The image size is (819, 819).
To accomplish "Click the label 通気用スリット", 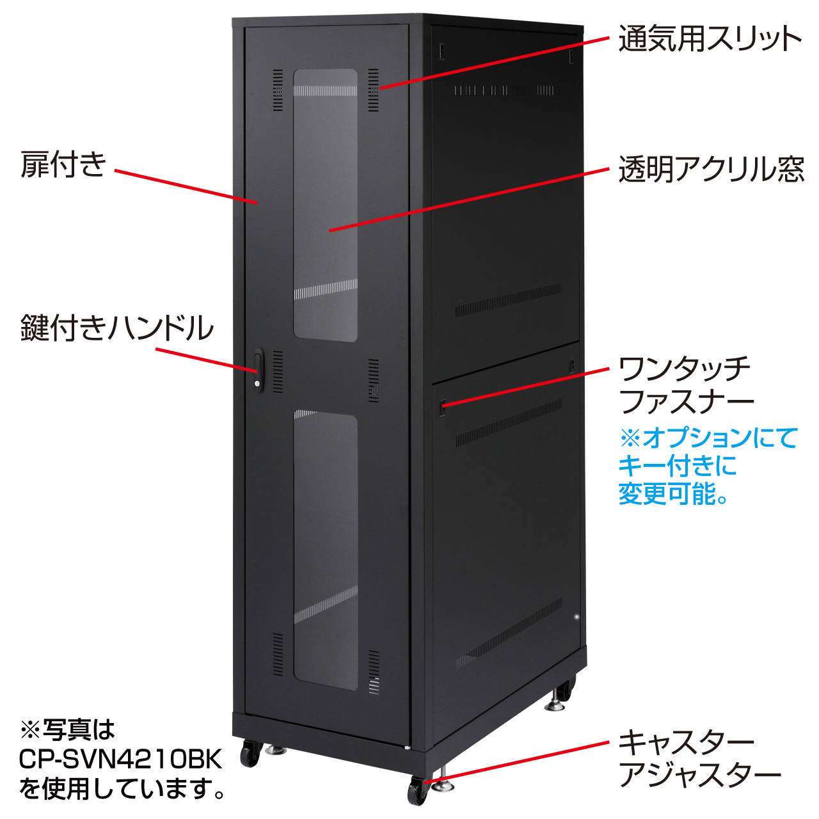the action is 710,38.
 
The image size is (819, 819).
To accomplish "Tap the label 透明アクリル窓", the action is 711,169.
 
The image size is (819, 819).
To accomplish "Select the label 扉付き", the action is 63,164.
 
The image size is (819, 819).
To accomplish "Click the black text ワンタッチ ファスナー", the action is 686,385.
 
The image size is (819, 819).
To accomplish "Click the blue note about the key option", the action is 708,466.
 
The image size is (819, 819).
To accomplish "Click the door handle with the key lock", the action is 258,370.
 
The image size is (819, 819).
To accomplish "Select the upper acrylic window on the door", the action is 326,205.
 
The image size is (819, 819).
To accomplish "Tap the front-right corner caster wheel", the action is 417,790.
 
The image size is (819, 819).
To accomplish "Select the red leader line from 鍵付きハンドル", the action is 207,360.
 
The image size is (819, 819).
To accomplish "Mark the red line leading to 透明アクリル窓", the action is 469,200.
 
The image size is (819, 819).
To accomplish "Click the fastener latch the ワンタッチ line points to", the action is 442,407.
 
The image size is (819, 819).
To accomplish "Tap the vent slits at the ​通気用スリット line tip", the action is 373,90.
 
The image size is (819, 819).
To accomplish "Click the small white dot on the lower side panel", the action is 576,616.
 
